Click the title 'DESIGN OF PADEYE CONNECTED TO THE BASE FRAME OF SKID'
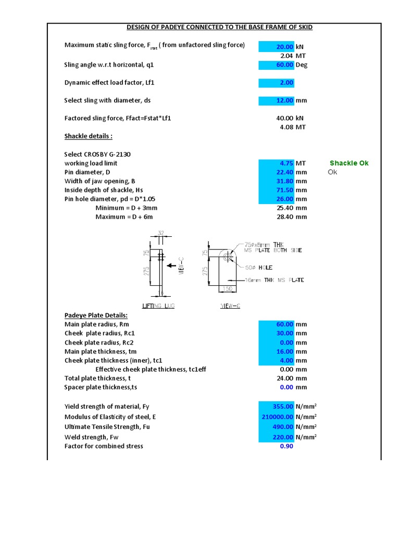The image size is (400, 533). [220, 27]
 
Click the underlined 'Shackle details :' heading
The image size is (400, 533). [88, 136]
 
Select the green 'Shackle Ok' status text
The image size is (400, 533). [349, 163]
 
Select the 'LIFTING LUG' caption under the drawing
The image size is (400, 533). [158, 306]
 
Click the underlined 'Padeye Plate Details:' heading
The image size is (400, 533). [96, 315]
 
